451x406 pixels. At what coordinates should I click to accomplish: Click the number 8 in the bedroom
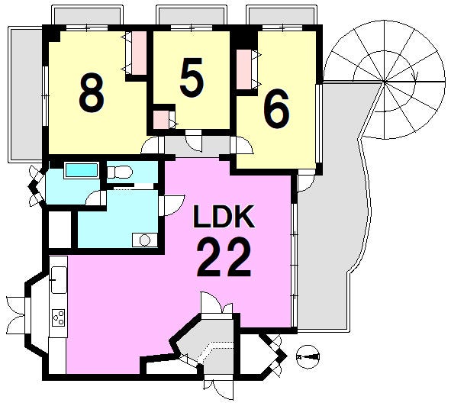click(92, 93)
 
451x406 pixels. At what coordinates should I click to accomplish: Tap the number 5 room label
click(192, 78)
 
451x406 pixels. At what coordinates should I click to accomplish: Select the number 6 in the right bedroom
click(276, 108)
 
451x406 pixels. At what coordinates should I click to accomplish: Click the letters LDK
click(224, 217)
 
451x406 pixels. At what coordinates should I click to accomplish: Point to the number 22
click(224, 258)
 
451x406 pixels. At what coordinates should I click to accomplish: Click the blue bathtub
click(82, 170)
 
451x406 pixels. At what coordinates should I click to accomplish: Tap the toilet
click(120, 172)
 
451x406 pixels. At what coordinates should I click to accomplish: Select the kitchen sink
click(59, 279)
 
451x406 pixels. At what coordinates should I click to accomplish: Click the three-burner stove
click(59, 317)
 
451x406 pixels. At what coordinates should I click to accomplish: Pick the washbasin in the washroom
click(145, 240)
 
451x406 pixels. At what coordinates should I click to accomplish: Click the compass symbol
click(308, 357)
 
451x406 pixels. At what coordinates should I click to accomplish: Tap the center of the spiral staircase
click(384, 82)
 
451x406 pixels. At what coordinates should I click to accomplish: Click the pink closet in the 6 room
click(243, 69)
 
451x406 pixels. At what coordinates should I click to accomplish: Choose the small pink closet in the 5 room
click(161, 119)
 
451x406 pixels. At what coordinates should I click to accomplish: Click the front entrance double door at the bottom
click(219, 390)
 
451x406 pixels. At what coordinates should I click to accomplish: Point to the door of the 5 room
click(194, 140)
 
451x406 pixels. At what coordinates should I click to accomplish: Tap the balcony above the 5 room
click(192, 15)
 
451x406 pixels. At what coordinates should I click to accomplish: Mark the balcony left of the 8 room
click(26, 95)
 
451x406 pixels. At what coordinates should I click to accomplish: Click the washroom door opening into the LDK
click(172, 205)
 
